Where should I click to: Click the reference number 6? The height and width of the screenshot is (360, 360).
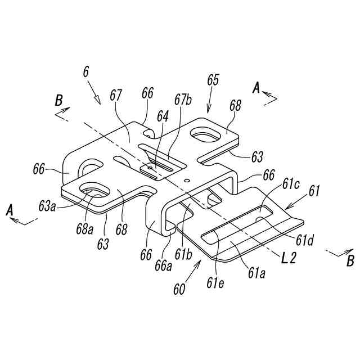coord(85,73)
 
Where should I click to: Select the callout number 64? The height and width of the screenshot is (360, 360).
coord(163,116)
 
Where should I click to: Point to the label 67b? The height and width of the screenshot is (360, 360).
coord(183,101)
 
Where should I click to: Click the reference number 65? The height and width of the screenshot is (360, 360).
coord(213,79)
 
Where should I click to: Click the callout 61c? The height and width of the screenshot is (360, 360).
coord(291,184)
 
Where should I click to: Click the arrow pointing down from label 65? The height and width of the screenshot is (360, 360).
coord(210,102)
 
